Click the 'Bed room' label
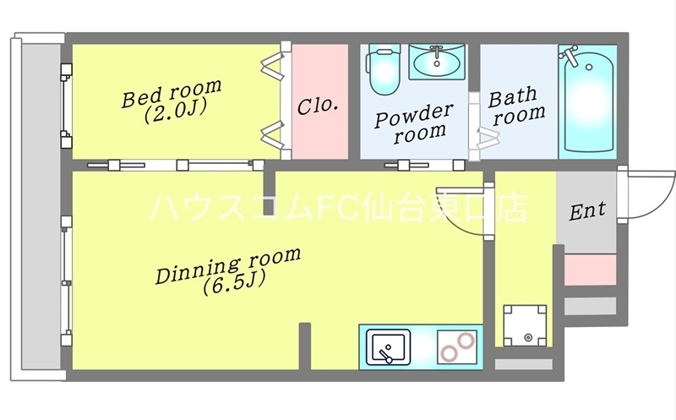tap(172, 92)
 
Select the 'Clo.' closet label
tap(318, 106)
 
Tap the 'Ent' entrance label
tap(586, 211)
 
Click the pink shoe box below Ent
tap(589, 270)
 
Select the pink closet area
tap(320, 101)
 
